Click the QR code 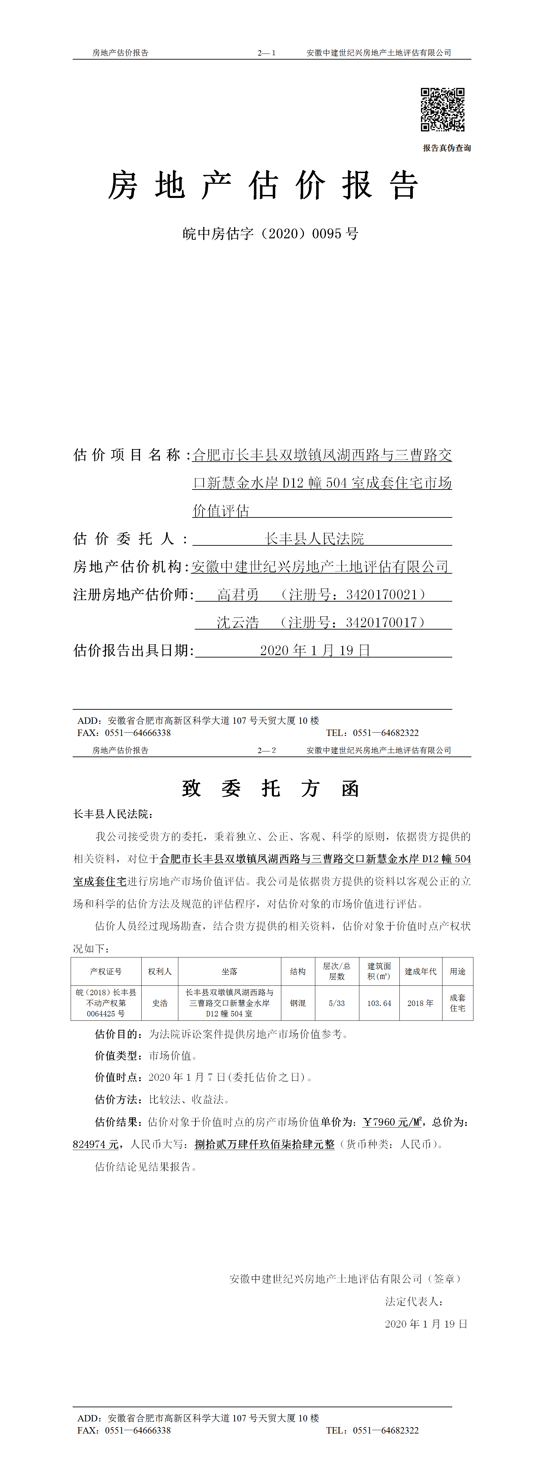(x=442, y=109)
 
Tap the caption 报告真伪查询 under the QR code (x=447, y=148)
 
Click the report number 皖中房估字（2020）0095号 (x=270, y=234)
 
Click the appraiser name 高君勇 (x=238, y=594)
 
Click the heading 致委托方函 (x=270, y=788)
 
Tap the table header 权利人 (x=160, y=971)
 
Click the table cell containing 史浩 (x=160, y=1003)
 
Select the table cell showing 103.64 (x=379, y=1003)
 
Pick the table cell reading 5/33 (x=337, y=1003)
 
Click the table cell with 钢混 (x=298, y=1003)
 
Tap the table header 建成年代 (x=420, y=971)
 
